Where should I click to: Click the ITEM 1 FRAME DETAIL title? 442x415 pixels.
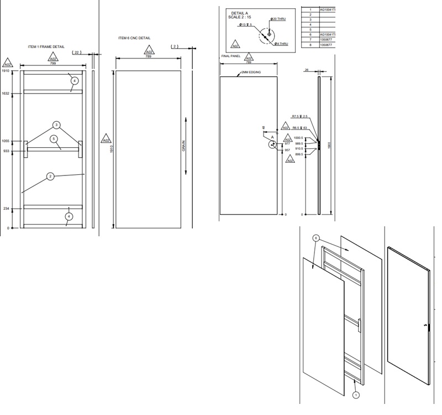(x=46, y=47)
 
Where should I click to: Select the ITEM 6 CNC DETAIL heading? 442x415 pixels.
(x=134, y=38)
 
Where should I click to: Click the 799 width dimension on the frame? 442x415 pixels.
(x=52, y=64)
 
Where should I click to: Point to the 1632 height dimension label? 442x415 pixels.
(x=6, y=94)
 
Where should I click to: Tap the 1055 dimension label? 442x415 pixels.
(x=6, y=141)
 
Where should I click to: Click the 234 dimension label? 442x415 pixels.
(x=7, y=209)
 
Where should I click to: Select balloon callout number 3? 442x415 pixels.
(x=56, y=125)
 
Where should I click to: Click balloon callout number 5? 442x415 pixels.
(x=54, y=139)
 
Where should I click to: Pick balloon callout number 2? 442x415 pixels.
(x=50, y=177)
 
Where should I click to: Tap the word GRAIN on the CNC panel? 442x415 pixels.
(x=184, y=146)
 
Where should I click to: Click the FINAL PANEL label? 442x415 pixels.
(x=229, y=56)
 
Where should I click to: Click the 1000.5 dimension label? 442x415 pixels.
(x=299, y=138)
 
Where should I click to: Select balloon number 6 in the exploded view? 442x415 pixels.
(x=316, y=238)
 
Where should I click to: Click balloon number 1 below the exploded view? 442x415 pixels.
(x=355, y=395)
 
